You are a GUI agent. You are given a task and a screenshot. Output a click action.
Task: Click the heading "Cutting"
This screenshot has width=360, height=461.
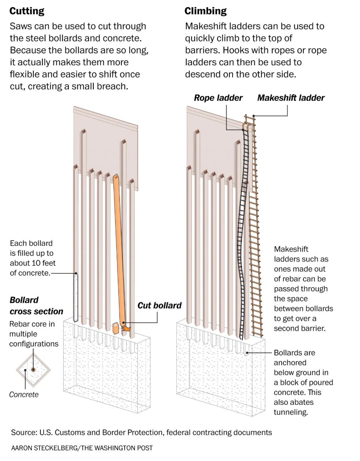(x=27, y=11)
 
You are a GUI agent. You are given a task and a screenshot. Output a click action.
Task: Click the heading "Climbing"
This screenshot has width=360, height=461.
(x=206, y=11)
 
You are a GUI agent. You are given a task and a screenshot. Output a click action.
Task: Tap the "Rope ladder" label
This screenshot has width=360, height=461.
(x=218, y=98)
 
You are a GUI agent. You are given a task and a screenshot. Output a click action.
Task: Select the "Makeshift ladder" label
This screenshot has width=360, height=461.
(x=291, y=98)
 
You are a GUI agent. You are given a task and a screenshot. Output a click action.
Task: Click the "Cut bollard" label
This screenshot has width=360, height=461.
(x=159, y=305)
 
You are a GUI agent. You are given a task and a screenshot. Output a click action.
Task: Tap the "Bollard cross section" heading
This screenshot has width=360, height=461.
(x=36, y=305)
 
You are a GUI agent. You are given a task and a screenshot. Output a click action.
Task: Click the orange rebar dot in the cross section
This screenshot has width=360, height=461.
(x=33, y=370)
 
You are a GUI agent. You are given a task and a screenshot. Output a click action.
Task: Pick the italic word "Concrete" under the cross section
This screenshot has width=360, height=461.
(x=24, y=395)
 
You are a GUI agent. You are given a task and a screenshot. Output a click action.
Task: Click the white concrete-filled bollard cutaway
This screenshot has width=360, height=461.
(x=76, y=297)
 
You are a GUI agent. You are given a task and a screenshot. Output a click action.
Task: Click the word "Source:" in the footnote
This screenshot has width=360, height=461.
(x=24, y=432)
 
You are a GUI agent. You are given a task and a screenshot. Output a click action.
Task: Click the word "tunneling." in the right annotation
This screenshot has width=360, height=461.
(x=291, y=412)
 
